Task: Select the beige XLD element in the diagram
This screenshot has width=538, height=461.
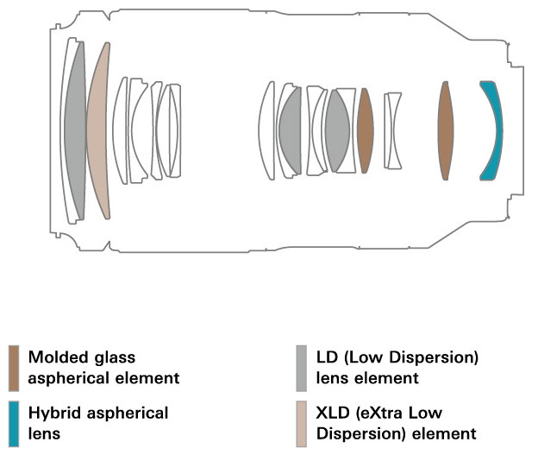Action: pos(99,129)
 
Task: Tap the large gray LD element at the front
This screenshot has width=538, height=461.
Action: pos(76,129)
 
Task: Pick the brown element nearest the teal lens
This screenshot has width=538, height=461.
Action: pos(445,130)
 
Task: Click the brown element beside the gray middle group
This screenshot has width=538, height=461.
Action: pos(365,130)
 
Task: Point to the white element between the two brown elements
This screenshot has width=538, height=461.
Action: pos(393,130)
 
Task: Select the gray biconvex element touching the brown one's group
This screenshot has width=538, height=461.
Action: pos(338,130)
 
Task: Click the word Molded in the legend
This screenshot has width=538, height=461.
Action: pos(54,356)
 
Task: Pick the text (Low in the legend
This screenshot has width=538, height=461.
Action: pos(364,356)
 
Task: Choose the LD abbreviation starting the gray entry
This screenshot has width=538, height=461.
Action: pos(328,356)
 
